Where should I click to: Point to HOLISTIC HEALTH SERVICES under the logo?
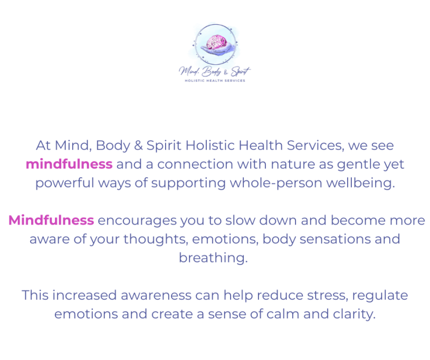(x=215, y=81)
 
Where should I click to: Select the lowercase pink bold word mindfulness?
(x=69, y=164)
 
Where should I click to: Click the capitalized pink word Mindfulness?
(x=51, y=220)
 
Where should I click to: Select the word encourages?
(x=137, y=220)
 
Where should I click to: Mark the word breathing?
(x=213, y=258)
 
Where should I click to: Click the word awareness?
(x=151, y=295)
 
